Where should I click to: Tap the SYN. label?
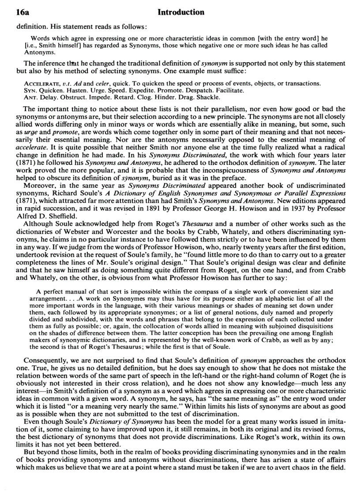[x=29, y=90]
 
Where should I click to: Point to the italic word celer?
[x=101, y=84]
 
